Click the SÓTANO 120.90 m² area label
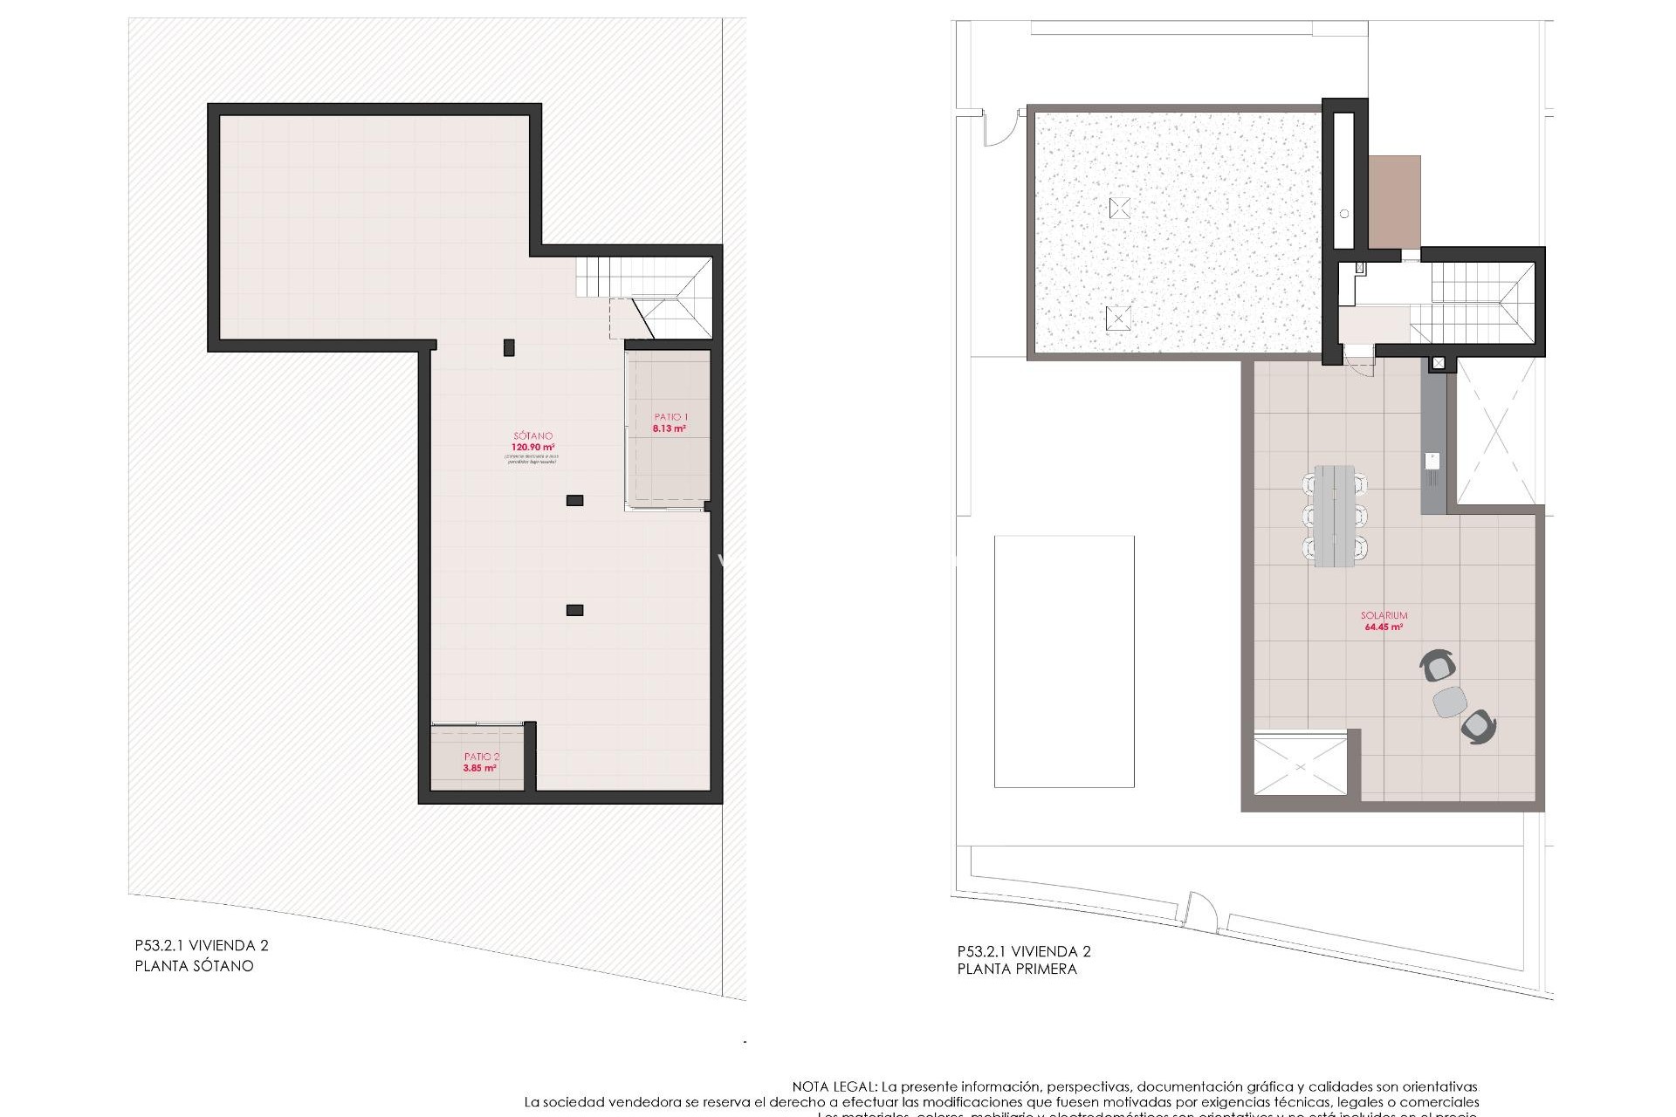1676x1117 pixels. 532,442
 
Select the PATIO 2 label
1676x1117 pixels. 481,762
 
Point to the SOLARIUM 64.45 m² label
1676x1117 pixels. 1384,620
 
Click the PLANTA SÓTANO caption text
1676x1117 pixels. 194,966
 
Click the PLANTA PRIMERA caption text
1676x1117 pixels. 1017,969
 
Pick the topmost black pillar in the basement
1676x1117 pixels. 509,347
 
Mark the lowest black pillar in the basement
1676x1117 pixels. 574,610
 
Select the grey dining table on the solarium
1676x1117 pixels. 1335,516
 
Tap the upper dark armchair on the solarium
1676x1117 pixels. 1438,666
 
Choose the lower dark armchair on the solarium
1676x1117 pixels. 1478,727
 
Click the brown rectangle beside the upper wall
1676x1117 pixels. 1394,202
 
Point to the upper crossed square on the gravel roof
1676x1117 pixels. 1120,208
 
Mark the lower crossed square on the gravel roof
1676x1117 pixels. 1118,318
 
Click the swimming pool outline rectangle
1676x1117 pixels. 1064,661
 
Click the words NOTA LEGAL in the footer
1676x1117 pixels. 834,1087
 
